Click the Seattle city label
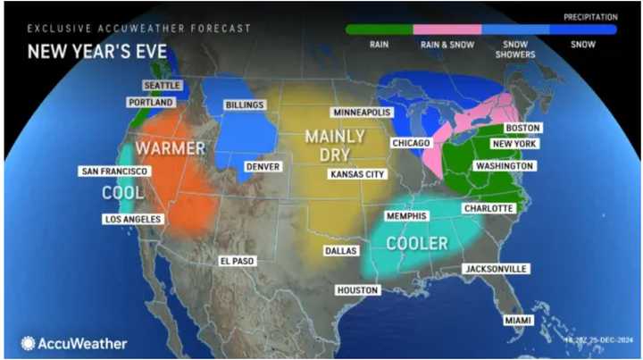click(162, 86)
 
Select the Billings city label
click(245, 105)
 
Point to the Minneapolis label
click(362, 113)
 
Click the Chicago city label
click(411, 143)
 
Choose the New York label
click(514, 145)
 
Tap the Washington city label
click(505, 166)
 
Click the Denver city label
click(262, 167)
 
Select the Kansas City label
click(357, 174)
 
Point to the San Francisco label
click(114, 171)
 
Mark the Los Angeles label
click(132, 220)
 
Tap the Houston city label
click(358, 290)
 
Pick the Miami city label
click(515, 320)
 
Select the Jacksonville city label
click(496, 269)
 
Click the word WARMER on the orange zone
click(171, 147)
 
